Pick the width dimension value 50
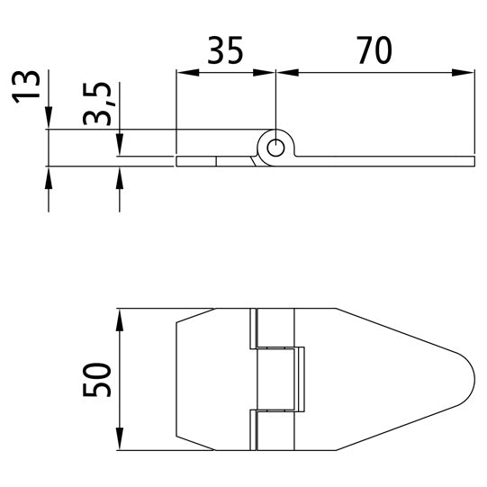click(97, 379)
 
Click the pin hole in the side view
click(276, 146)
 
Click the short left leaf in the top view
click(212, 379)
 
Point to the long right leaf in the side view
click(387, 161)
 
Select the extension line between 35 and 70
click(274, 99)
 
